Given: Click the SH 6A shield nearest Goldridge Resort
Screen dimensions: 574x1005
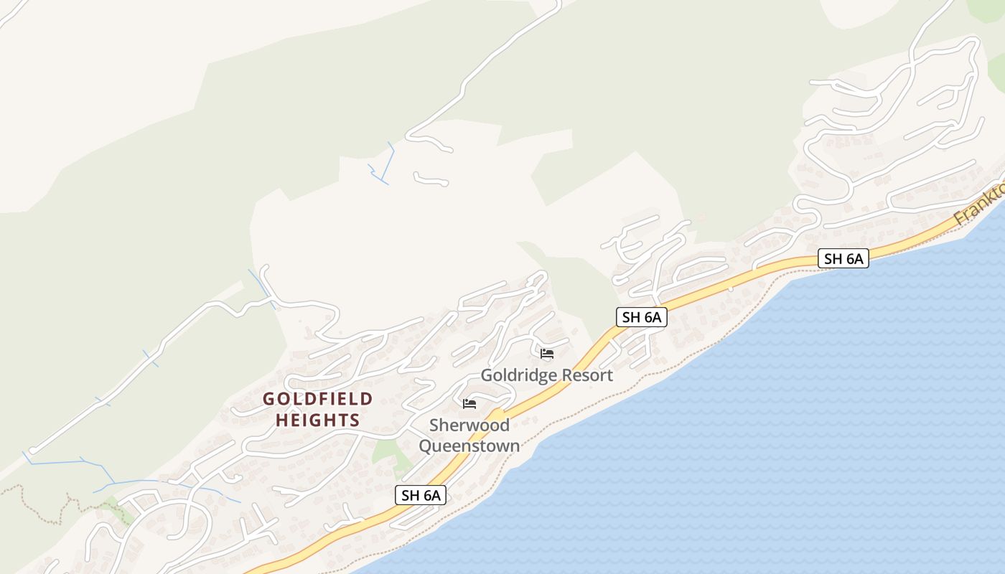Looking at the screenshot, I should point(641,317).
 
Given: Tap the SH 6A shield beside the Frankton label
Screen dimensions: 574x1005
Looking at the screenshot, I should point(843,258).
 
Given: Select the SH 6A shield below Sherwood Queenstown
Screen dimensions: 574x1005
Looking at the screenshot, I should point(420,494).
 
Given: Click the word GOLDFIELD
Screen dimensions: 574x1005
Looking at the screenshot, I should point(318,399).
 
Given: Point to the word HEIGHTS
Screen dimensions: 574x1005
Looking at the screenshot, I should point(317,420).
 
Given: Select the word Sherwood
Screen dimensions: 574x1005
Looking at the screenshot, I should point(469,425).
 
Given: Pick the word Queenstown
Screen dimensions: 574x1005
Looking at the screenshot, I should point(469,446).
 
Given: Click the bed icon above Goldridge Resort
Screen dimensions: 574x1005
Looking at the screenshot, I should point(547,354).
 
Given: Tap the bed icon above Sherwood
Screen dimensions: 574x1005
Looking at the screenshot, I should point(469,404).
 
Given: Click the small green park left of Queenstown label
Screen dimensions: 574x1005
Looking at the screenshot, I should point(385,452).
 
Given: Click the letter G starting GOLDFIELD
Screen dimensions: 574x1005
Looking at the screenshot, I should point(269,399).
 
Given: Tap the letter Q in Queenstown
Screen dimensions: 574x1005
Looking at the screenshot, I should point(426,446).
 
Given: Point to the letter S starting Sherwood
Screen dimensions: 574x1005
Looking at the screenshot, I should point(434,425).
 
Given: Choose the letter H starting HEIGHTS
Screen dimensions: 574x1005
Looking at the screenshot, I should point(281,420).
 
